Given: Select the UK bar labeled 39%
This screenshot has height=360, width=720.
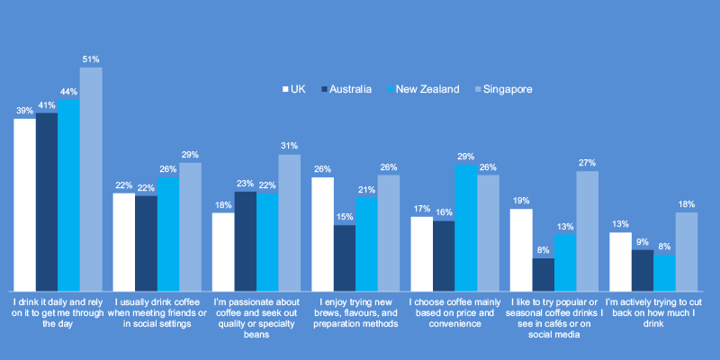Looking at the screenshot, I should click(24, 202).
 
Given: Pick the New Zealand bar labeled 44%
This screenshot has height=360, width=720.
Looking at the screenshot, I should click(68, 193).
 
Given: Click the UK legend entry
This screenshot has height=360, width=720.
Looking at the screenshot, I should click(294, 89).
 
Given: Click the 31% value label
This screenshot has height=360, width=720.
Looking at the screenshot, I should click(289, 146).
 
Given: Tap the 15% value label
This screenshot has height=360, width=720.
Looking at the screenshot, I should click(345, 217).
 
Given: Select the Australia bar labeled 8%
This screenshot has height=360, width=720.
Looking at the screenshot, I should click(543, 273).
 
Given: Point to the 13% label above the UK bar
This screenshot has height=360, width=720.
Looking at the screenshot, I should click(620, 224).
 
